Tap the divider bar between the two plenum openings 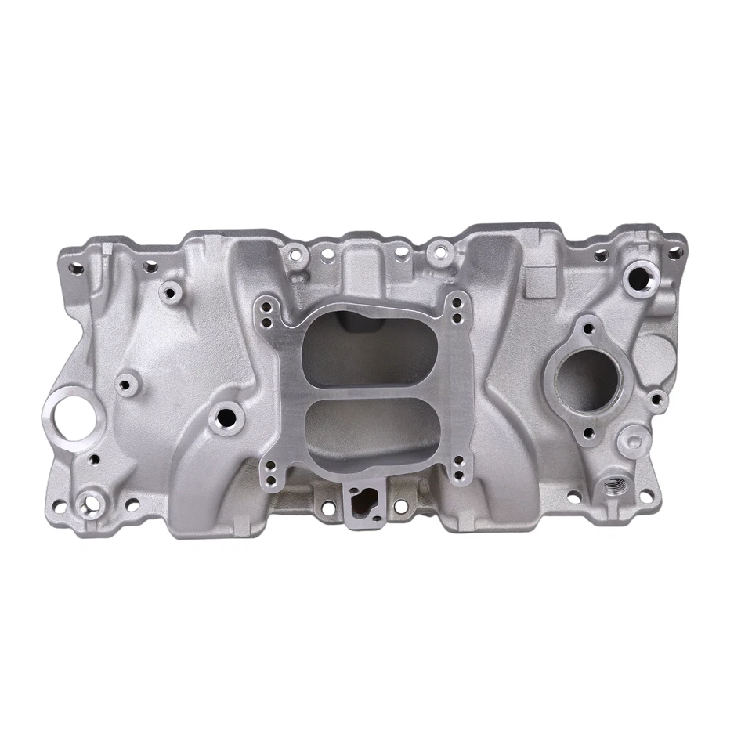[368, 392]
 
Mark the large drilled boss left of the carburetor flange [228, 417]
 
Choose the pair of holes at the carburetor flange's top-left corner [269, 313]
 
